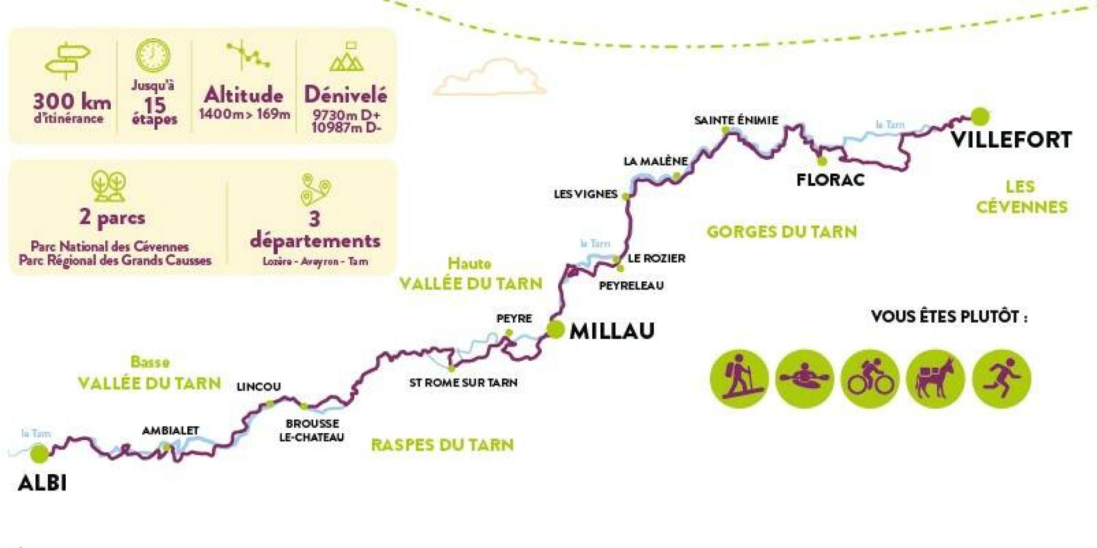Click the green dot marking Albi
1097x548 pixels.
pyautogui.click(x=39, y=454)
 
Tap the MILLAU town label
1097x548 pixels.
pyautogui.click(x=612, y=331)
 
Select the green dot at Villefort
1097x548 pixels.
pyautogui.click(x=980, y=116)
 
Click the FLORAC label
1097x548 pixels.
pyautogui.click(x=830, y=180)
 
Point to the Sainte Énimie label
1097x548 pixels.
pyautogui.click(x=736, y=120)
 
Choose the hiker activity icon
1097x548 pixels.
pyautogui.click(x=739, y=379)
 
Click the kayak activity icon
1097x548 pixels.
pyautogui.click(x=804, y=379)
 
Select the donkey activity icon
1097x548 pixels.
pyautogui.click(x=935, y=379)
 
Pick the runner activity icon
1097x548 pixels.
pyautogui.click(x=1001, y=379)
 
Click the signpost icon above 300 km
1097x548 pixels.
pyautogui.click(x=67, y=59)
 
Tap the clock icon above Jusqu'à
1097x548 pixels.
pyautogui.click(x=153, y=56)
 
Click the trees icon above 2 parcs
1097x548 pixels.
pyautogui.click(x=109, y=186)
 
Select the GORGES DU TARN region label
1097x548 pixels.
pyautogui.click(x=782, y=232)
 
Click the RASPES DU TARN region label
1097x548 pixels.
pyautogui.click(x=442, y=445)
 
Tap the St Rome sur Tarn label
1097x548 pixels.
pyautogui.click(x=463, y=382)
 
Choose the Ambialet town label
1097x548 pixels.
pyautogui.click(x=170, y=430)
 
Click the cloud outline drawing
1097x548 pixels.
pyautogui.click(x=490, y=78)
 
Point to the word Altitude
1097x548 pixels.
pyautogui.click(x=244, y=95)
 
